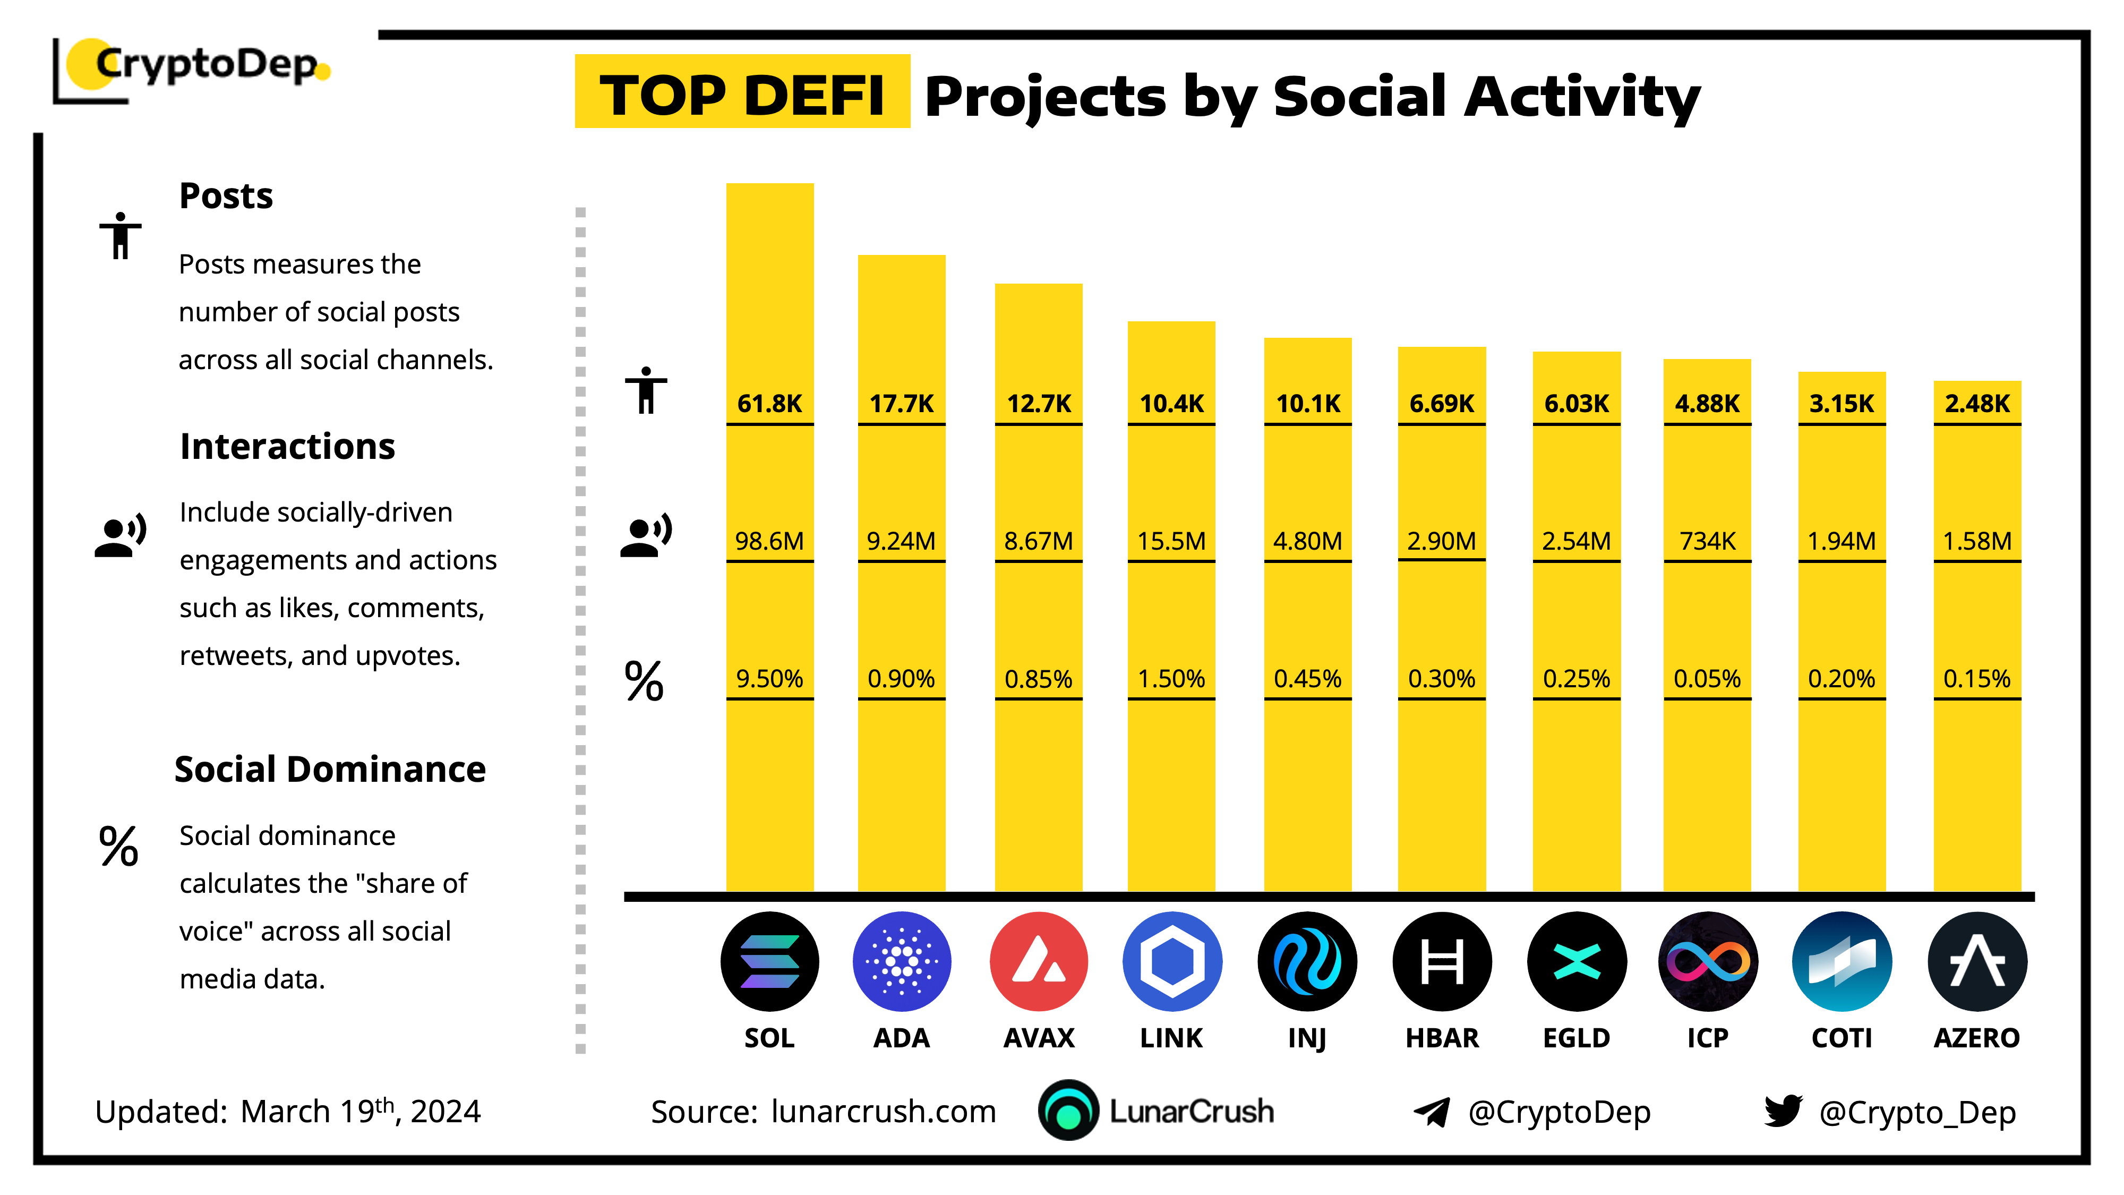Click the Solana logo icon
click(x=769, y=962)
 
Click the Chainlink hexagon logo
click(x=1172, y=962)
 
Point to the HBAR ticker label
click(x=1442, y=1037)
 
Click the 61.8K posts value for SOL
click(x=769, y=403)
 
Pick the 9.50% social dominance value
click(x=769, y=679)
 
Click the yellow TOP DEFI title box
click(x=742, y=92)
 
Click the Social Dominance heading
click(x=330, y=769)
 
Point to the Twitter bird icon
click(x=1783, y=1111)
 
